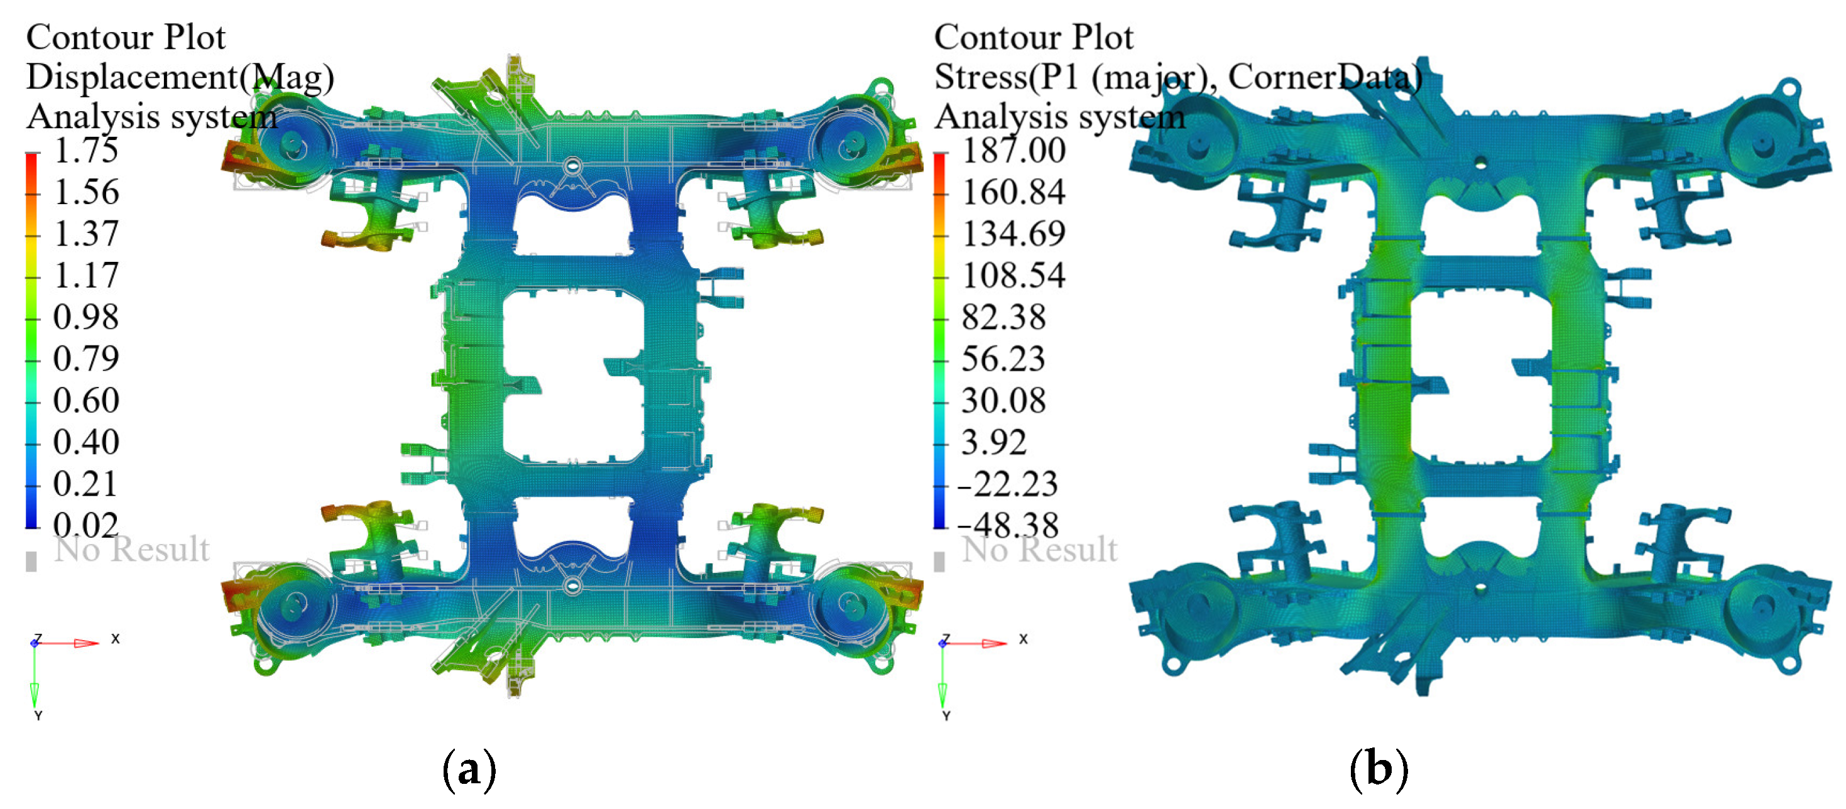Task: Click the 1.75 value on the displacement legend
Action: point(86,151)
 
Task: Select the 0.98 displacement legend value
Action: point(86,317)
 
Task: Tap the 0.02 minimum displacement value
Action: point(86,525)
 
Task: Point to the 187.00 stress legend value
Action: point(1013,151)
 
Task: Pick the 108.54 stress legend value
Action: point(1013,275)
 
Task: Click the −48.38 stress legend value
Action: point(1008,525)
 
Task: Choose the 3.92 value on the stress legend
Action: point(994,442)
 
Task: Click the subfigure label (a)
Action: point(469,769)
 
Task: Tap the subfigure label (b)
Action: point(1379,769)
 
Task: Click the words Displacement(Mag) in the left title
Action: point(180,77)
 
